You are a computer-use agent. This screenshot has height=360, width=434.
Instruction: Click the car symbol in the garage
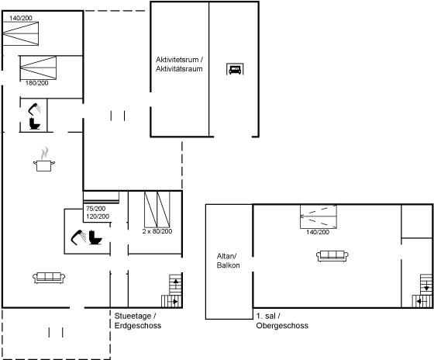pyautogui.click(x=235, y=69)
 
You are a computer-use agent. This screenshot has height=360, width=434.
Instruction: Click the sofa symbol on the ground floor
pyautogui.click(x=49, y=278)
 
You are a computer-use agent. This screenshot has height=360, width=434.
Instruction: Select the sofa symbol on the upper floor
pyautogui.click(x=332, y=256)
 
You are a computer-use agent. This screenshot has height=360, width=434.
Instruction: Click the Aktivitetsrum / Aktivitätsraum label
pyautogui.click(x=179, y=64)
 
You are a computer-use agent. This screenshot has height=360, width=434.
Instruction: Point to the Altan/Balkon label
pyautogui.click(x=228, y=261)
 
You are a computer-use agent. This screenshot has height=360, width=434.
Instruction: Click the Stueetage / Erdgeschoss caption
pyautogui.click(x=138, y=320)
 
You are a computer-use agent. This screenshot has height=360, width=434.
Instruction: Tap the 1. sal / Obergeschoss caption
pyautogui.click(x=282, y=320)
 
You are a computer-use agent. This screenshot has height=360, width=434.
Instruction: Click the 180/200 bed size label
pyautogui.click(x=37, y=83)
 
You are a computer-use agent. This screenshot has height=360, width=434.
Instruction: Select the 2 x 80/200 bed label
pyautogui.click(x=157, y=231)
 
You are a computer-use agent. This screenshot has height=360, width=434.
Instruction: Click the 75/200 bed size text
pyautogui.click(x=95, y=209)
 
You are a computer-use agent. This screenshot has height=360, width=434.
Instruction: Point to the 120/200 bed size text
pyautogui.click(x=98, y=216)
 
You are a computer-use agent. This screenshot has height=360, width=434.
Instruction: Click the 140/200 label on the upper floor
pyautogui.click(x=318, y=232)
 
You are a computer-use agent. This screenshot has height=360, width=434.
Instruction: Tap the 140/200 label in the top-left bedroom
pyautogui.click(x=21, y=18)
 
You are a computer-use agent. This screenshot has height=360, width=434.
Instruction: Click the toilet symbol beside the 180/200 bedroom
pyautogui.click(x=35, y=123)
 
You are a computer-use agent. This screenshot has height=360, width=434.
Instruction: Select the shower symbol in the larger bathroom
pyautogui.click(x=78, y=237)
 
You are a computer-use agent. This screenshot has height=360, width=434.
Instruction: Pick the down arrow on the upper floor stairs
pyautogui.click(x=426, y=286)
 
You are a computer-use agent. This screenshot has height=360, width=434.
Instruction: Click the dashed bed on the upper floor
pyautogui.click(x=319, y=216)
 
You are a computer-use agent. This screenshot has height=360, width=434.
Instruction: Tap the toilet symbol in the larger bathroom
pyautogui.click(x=95, y=237)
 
